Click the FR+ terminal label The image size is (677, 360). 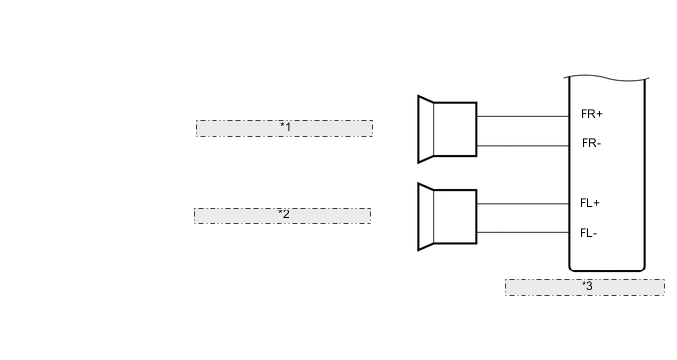pyautogui.click(x=591, y=114)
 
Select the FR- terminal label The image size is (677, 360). pyautogui.click(x=591, y=144)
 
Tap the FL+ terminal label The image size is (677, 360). pyautogui.click(x=590, y=203)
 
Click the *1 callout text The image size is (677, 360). pyautogui.click(x=285, y=128)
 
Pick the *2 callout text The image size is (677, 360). pyautogui.click(x=283, y=214)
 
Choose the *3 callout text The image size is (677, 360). pyautogui.click(x=586, y=286)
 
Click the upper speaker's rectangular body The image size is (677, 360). pyautogui.click(x=456, y=129)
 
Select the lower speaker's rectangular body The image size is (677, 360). pyautogui.click(x=456, y=216)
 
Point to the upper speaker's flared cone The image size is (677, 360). pyautogui.click(x=426, y=129)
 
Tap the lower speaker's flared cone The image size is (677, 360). pyautogui.click(x=426, y=216)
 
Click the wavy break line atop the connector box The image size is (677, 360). pyautogui.click(x=606, y=78)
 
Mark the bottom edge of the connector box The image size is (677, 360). pyautogui.click(x=606, y=270)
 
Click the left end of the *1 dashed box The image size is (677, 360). pyautogui.click(x=198, y=128)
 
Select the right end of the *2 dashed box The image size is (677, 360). pyautogui.click(x=369, y=215)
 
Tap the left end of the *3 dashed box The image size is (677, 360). pyautogui.click(x=508, y=287)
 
